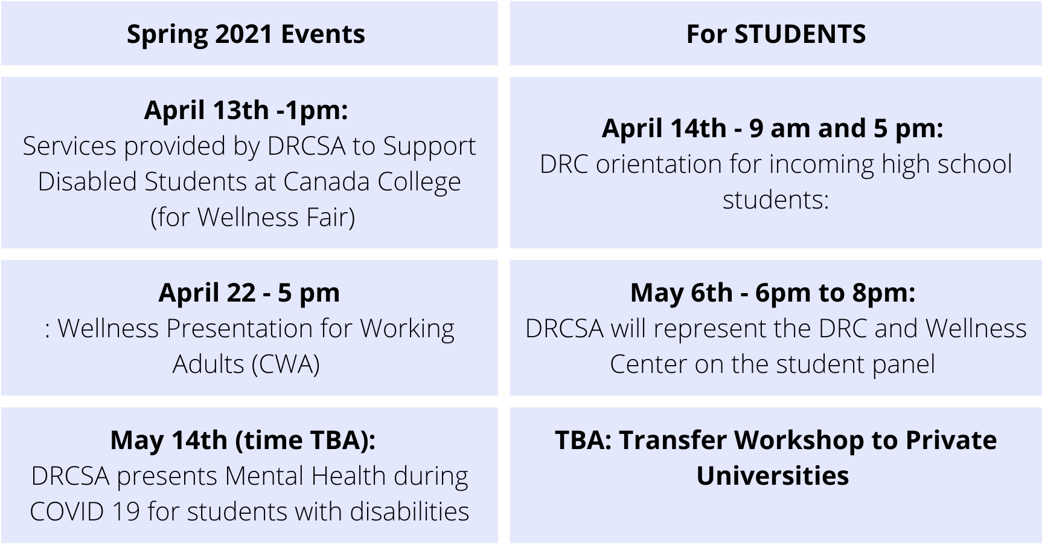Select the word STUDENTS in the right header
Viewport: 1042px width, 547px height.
(800, 34)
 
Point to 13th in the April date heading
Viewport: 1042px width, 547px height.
(240, 110)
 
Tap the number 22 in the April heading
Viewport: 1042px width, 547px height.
(241, 293)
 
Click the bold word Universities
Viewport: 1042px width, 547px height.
(773, 476)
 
